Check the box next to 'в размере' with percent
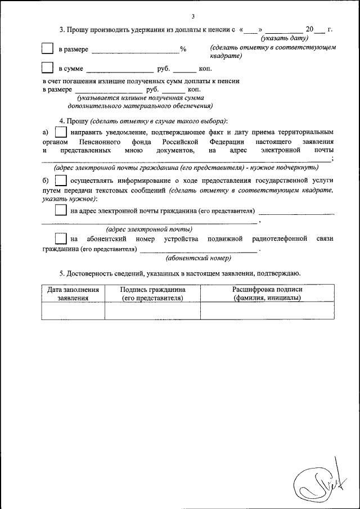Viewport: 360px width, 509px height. click(x=48, y=49)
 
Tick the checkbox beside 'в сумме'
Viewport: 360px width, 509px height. click(x=48, y=68)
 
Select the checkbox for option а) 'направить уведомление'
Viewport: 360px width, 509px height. click(x=61, y=132)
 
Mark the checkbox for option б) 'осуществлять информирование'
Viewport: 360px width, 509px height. click(x=61, y=181)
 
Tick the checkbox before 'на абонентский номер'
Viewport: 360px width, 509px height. click(x=61, y=238)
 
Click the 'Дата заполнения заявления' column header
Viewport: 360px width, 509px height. click(x=73, y=294)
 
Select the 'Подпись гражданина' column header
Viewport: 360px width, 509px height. click(x=153, y=294)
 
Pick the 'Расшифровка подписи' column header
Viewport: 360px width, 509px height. click(x=267, y=294)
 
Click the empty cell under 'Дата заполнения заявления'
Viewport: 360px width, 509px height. click(x=73, y=310)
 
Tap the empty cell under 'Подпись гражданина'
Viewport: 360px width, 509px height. click(x=153, y=310)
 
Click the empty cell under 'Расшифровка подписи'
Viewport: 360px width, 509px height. click(x=267, y=310)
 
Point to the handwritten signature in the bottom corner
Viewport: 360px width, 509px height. click(x=319, y=478)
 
